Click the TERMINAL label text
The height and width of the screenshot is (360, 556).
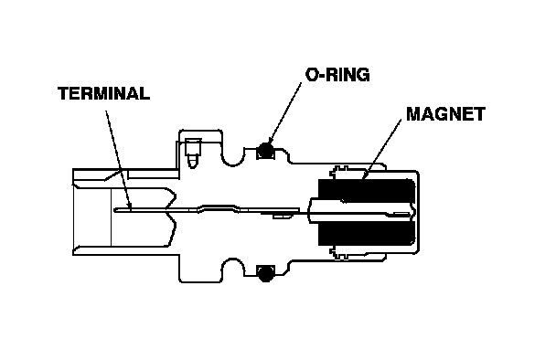[103, 93]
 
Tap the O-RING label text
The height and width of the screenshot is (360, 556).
[337, 75]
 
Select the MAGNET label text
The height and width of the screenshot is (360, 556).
[445, 114]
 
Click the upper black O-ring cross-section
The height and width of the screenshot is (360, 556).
[265, 150]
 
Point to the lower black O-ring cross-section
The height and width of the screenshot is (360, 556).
[265, 273]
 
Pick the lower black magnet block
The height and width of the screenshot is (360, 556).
[367, 232]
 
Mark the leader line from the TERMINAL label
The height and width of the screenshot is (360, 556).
[119, 161]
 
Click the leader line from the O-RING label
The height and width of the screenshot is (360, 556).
[285, 112]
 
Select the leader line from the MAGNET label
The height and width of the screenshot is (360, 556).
[382, 149]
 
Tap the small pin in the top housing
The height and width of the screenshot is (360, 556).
[193, 153]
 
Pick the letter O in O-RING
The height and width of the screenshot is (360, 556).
[311, 75]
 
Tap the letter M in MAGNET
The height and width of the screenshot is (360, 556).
[413, 114]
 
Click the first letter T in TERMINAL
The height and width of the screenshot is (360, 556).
[63, 93]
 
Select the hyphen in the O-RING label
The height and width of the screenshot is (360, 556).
[321, 76]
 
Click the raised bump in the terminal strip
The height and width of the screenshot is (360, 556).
[217, 206]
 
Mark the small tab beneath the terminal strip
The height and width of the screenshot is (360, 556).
[282, 215]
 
